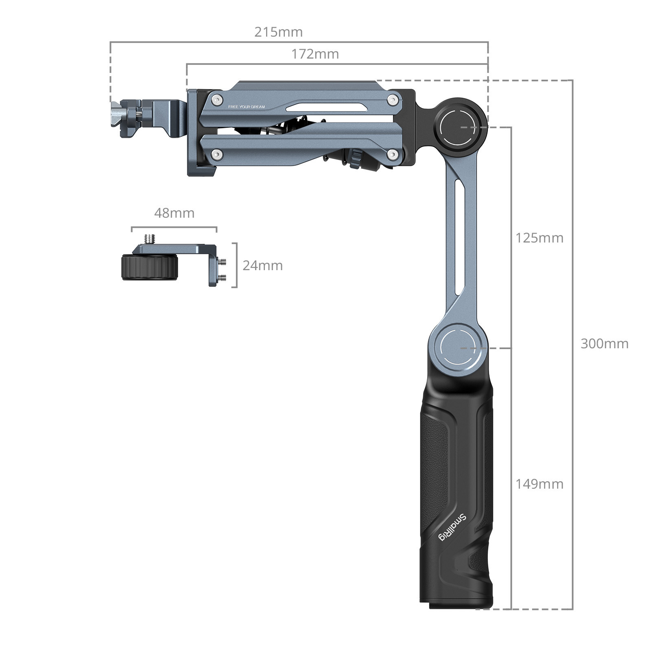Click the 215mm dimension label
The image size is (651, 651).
click(278, 32)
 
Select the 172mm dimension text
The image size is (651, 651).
click(315, 54)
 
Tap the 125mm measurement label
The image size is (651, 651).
click(539, 238)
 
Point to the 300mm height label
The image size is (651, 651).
click(604, 344)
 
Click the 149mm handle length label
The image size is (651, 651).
click(539, 484)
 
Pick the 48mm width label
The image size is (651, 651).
click(174, 213)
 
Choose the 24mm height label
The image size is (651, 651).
click(262, 266)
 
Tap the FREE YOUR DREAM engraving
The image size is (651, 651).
click(246, 107)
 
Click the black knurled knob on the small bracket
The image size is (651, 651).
click(149, 267)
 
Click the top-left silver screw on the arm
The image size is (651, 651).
click(218, 99)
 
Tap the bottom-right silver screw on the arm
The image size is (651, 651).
click(392, 154)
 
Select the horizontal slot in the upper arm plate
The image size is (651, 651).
click(321, 108)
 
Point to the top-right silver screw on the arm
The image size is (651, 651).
click(392, 99)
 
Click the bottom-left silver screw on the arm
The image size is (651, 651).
click(218, 154)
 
